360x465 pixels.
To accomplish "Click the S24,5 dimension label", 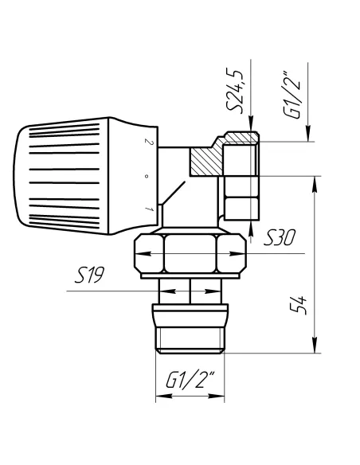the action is click(235, 91).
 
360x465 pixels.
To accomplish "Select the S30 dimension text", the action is click(280, 238).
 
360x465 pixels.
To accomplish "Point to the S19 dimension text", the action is click(89, 275).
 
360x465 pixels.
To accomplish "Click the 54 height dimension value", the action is click(298, 305).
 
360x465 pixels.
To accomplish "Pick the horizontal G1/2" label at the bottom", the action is click(190, 380).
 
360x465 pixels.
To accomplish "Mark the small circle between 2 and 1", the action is click(146, 176).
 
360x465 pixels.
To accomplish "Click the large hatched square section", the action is click(206, 162).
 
